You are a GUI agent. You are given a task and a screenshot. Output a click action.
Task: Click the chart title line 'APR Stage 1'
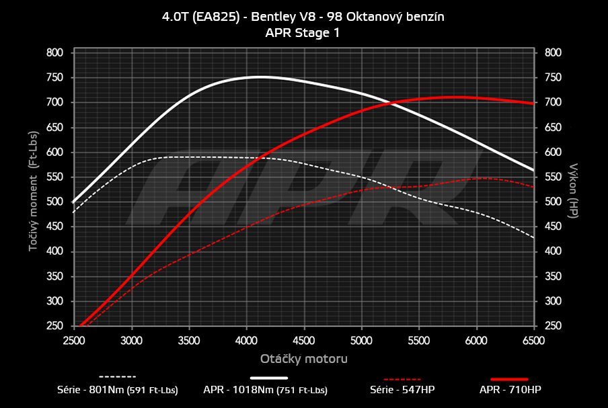pos(303,33)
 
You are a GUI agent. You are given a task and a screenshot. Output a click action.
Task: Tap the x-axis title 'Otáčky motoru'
pos(303,358)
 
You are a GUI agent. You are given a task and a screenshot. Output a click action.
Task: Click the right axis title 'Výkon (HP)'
pos(573,189)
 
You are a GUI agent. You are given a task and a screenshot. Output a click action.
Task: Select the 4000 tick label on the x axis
pos(246,341)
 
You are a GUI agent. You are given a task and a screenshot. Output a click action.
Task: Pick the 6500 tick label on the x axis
pos(533,341)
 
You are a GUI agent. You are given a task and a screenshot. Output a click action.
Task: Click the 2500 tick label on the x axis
pos(74,341)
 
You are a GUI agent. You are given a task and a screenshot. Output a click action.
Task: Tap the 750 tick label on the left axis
pos(54,77)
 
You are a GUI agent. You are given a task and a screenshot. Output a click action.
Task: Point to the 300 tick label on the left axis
pos(54,301)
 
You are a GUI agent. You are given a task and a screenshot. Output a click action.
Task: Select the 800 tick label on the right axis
pos(553,52)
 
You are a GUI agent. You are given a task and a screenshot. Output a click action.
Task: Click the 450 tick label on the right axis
pos(553,227)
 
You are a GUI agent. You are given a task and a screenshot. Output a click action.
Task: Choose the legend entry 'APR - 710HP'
pos(510,389)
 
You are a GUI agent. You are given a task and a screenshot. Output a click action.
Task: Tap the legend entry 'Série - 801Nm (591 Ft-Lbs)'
pos(118,389)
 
